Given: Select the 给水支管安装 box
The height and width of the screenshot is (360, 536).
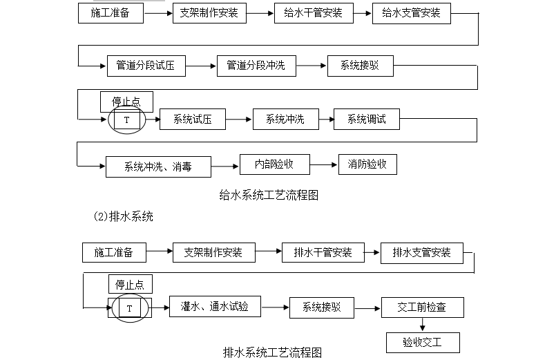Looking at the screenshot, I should tap(411, 13).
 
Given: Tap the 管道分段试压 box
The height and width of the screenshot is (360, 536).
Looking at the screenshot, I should tap(146, 66).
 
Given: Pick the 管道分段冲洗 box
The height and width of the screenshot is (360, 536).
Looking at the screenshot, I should tap(256, 66).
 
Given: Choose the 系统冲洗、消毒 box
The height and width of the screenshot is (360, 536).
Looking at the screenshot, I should tap(157, 167).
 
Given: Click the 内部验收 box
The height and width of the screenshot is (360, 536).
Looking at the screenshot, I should tap(274, 164).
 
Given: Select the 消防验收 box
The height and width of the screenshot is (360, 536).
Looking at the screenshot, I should tap(367, 164).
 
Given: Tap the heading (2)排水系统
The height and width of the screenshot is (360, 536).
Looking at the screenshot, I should tap(123, 216).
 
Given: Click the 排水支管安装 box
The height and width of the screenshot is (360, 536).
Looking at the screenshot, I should tap(421, 253).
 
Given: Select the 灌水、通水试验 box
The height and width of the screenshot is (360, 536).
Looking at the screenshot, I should tap(215, 306).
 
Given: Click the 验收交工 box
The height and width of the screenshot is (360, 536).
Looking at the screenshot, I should tap(422, 342).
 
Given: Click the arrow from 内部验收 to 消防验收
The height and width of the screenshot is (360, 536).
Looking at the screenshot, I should tap(324, 164).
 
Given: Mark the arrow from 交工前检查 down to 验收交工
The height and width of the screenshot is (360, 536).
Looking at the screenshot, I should tap(422, 325).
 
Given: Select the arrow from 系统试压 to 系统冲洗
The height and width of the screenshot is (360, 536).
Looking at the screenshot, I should tap(238, 120).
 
